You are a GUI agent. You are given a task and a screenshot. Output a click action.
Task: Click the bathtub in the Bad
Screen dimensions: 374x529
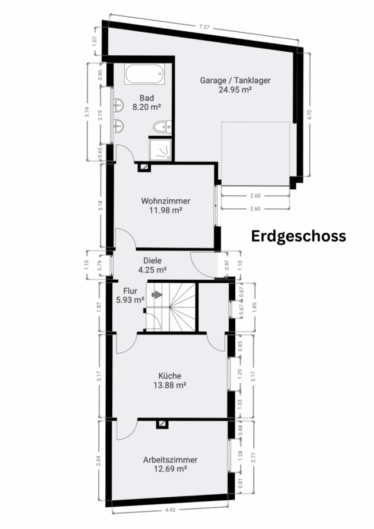point(144,74)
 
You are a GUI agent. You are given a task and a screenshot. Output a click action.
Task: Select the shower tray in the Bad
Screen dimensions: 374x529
point(161,149)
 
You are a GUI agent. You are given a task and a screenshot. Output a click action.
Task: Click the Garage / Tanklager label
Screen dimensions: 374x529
point(235,81)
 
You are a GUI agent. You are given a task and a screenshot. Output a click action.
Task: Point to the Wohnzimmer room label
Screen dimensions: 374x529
point(166,201)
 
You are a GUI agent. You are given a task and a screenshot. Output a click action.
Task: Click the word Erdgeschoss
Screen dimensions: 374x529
point(298,236)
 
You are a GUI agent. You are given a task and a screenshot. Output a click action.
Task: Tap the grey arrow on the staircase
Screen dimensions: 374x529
point(157,295)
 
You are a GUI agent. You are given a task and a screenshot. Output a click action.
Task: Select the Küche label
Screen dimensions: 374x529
point(170,376)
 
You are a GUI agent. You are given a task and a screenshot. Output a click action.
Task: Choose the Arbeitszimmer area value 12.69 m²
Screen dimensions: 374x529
point(171,468)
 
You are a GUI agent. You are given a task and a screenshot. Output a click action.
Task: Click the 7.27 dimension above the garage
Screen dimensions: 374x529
point(204,27)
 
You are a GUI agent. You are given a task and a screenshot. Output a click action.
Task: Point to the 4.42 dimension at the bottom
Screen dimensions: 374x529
point(171,510)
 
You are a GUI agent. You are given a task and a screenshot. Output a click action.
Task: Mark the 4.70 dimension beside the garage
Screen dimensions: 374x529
point(310,115)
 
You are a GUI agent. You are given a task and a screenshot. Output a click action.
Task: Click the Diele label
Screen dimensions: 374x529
point(152,260)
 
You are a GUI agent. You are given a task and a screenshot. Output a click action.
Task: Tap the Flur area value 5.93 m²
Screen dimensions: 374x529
point(131,300)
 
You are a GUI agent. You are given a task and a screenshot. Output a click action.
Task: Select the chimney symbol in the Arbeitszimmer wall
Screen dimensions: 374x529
point(162,424)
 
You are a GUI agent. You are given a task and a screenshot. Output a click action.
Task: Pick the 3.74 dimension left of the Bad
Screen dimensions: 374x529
point(87,112)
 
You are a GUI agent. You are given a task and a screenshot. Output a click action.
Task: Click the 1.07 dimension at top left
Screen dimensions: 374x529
point(95,41)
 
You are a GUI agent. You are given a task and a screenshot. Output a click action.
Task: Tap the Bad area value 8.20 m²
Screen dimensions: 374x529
point(146,108)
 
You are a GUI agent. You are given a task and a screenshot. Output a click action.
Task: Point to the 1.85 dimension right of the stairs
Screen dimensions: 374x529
point(255,307)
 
